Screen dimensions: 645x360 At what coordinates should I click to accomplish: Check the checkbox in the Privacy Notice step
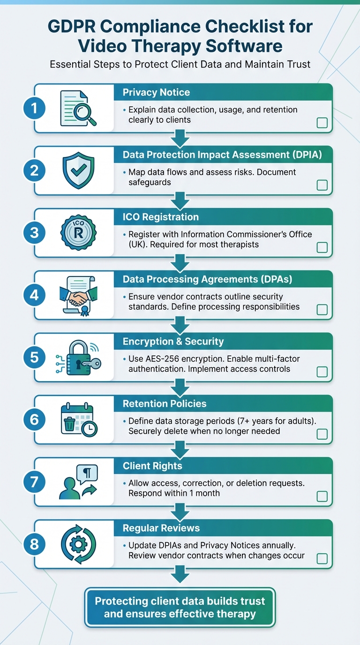(322, 123)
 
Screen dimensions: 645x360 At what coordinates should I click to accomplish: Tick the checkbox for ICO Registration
(322, 247)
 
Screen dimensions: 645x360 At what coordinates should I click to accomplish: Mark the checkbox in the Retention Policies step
(322, 434)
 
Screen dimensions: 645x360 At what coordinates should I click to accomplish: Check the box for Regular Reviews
(322, 558)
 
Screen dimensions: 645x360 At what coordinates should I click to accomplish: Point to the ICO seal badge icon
(78, 232)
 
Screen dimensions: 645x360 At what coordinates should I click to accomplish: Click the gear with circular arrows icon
(78, 544)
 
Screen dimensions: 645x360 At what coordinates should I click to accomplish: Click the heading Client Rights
(152, 466)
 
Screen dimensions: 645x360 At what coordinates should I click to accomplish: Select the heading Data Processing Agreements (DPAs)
(207, 279)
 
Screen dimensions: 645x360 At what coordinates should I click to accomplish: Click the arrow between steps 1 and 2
(180, 138)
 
